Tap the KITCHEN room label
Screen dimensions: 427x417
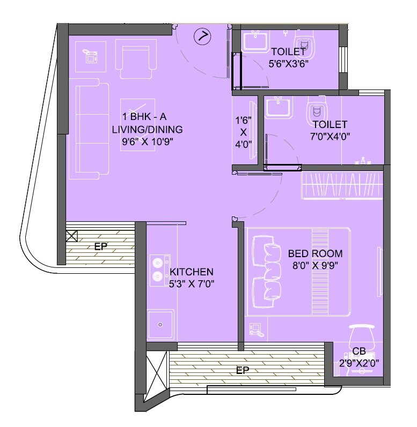[x=192, y=272]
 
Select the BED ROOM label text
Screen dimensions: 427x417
[x=315, y=253]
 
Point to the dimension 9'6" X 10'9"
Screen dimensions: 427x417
[x=147, y=141]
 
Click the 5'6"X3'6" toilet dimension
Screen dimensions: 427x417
[x=288, y=64]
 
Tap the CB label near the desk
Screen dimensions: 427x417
[x=359, y=351]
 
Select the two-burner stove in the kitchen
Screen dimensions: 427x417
[x=158, y=269]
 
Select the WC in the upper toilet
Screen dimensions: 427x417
[x=304, y=45]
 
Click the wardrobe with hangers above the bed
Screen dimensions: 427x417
[x=342, y=185]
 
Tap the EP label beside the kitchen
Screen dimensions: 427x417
[x=100, y=247]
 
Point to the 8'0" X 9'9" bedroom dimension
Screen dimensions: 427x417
[x=315, y=264]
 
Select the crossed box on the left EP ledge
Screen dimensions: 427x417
[x=71, y=236]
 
